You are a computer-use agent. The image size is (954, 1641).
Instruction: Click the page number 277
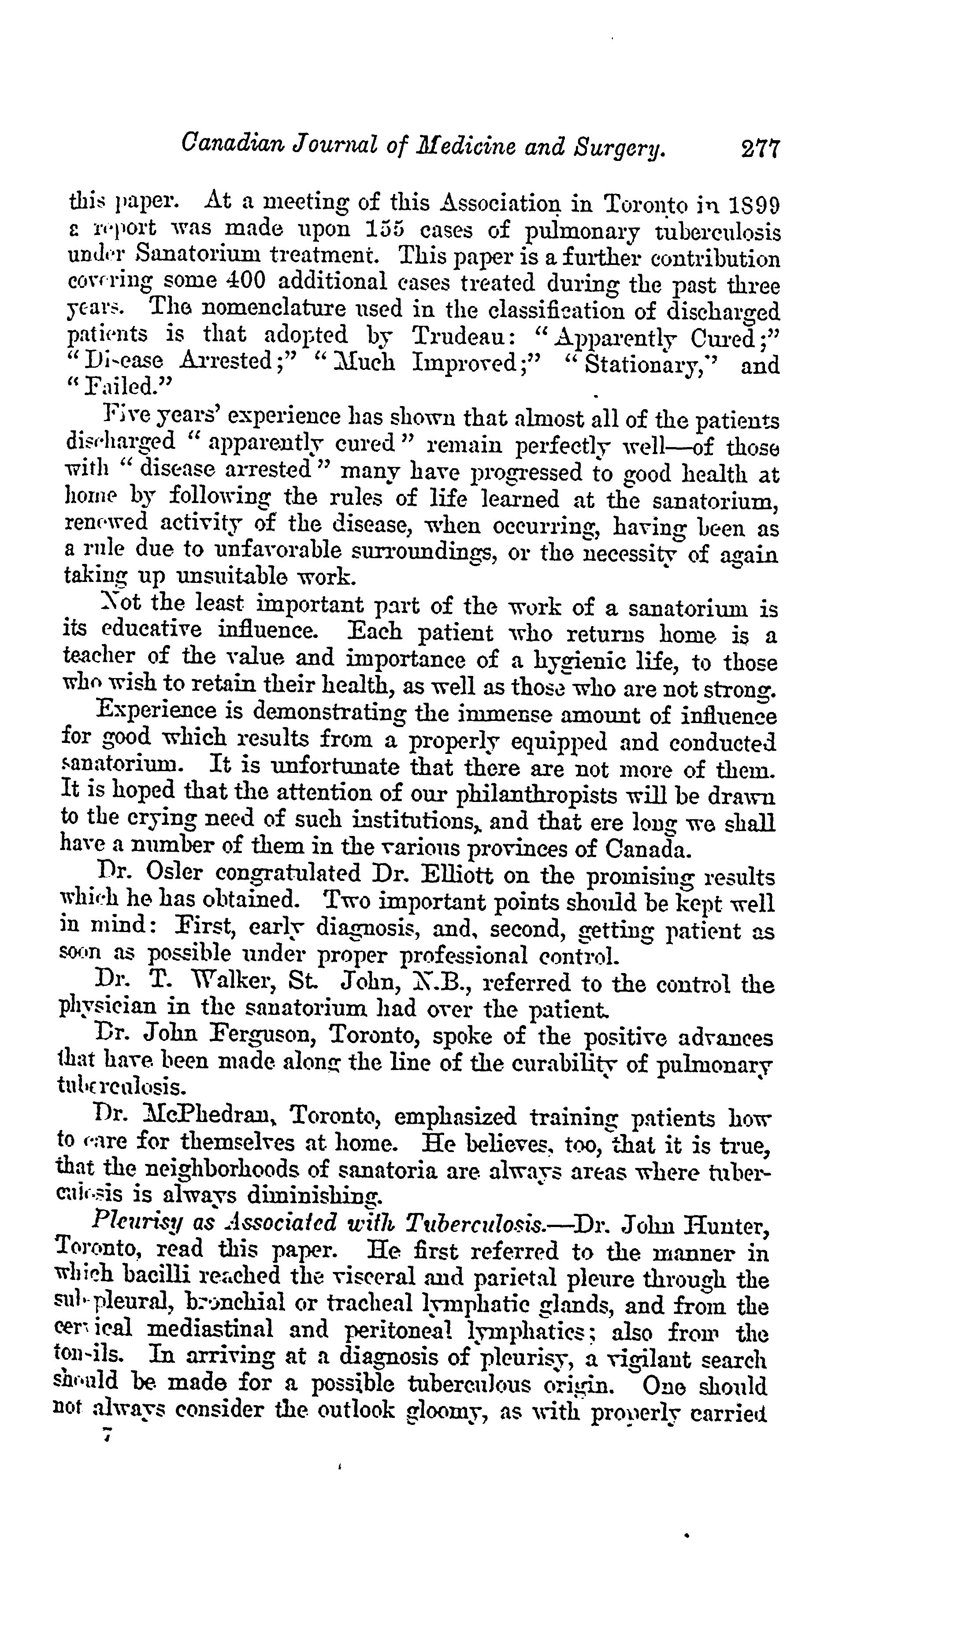759,149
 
